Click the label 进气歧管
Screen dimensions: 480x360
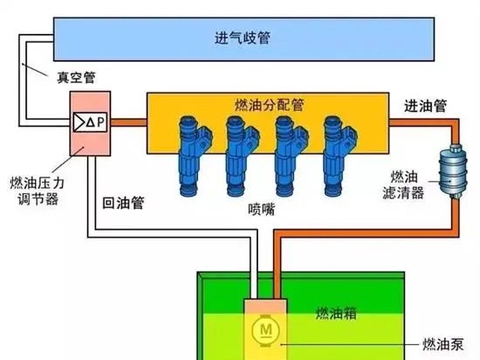pyautogui.click(x=242, y=38)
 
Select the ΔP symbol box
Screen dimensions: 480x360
pyautogui.click(x=90, y=122)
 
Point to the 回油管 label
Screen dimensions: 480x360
pyautogui.click(x=123, y=202)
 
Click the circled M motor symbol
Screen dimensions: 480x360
pyautogui.click(x=265, y=329)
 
